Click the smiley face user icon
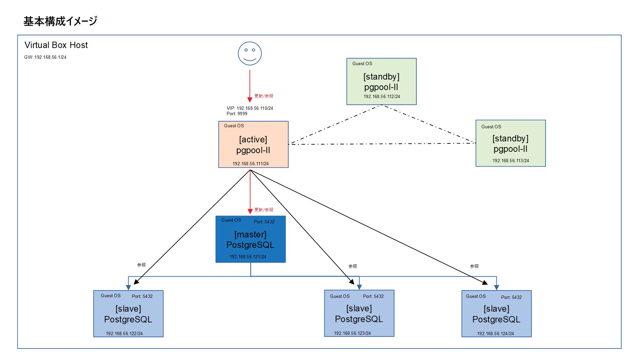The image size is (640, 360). (250, 53)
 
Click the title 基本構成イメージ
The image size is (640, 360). (60, 21)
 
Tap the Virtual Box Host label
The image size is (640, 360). (56, 45)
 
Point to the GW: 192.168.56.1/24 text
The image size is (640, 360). (45, 57)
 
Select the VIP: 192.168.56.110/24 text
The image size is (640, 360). (250, 108)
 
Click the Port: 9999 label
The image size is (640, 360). (237, 114)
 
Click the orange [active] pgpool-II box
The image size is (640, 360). (253, 144)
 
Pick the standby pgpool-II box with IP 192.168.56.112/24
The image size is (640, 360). (381, 82)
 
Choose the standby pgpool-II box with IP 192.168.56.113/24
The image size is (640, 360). (510, 143)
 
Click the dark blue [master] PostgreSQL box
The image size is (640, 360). (250, 239)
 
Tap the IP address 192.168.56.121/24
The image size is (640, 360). (248, 257)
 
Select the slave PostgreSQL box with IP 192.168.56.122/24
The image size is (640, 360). (128, 314)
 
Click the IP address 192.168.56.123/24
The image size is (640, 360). (352, 333)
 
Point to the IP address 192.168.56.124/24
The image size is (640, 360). (495, 334)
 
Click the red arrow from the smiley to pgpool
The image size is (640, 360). (250, 86)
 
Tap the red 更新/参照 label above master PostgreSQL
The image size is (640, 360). (264, 210)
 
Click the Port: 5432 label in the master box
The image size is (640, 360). (264, 222)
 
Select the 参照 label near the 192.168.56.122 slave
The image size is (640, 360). (141, 265)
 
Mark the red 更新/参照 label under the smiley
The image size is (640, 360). (264, 96)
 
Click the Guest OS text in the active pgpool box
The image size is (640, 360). (234, 126)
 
